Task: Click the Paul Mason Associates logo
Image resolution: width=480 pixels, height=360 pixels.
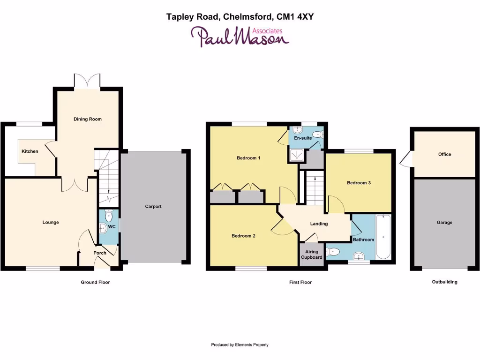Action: coord(240,36)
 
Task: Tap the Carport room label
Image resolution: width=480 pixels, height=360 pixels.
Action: coord(153,206)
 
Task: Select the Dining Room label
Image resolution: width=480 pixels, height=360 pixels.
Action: coord(88,119)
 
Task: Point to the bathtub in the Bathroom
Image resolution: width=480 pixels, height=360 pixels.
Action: coord(382,237)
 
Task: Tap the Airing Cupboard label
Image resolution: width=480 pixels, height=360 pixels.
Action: coord(312,255)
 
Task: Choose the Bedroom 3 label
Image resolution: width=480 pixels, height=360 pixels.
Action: coord(359,183)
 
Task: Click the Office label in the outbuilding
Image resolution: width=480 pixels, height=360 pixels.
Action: coord(444,154)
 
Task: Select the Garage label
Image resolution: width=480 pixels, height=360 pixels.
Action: coord(444,223)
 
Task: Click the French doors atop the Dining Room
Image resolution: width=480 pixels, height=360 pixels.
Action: coord(87,81)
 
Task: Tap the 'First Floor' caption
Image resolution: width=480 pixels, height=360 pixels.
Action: coord(300,282)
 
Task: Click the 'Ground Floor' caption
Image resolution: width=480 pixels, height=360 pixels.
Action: coord(95,282)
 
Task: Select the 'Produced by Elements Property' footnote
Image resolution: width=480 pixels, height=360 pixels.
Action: coord(240,345)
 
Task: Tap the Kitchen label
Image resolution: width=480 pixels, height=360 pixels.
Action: coord(30,151)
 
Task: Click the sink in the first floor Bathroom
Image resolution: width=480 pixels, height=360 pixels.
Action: coord(359,256)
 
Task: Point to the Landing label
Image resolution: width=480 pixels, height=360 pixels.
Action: coord(319,224)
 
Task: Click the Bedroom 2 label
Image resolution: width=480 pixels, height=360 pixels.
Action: coord(243,236)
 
